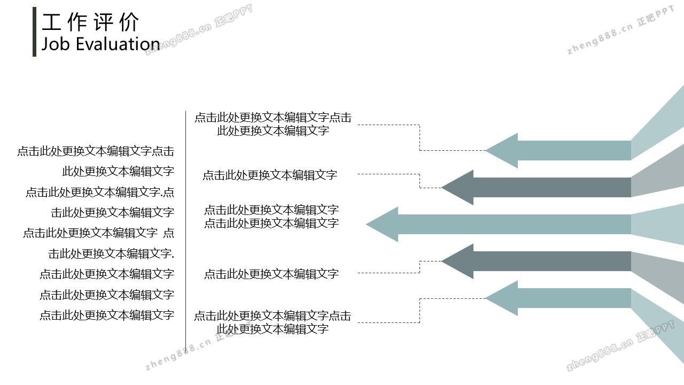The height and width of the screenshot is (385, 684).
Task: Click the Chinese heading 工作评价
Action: (x=90, y=22)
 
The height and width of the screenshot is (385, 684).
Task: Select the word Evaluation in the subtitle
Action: (x=118, y=44)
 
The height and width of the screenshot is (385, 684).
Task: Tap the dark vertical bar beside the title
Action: (x=35, y=32)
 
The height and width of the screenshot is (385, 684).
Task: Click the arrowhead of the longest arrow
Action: (x=382, y=224)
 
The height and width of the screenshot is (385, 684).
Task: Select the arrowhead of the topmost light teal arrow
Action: (x=502, y=150)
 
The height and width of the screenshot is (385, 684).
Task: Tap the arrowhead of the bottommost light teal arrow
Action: (x=502, y=298)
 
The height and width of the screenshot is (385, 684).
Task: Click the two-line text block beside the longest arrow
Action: (x=271, y=217)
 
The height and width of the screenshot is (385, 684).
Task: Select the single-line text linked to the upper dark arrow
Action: (x=270, y=175)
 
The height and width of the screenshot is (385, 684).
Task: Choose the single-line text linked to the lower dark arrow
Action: (x=271, y=274)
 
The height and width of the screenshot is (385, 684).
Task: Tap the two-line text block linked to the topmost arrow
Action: (x=273, y=124)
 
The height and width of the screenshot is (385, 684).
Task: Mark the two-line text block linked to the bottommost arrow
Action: (x=273, y=322)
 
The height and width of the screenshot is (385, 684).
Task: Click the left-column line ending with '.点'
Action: (x=100, y=192)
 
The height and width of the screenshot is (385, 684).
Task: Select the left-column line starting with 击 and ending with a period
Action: (x=111, y=253)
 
